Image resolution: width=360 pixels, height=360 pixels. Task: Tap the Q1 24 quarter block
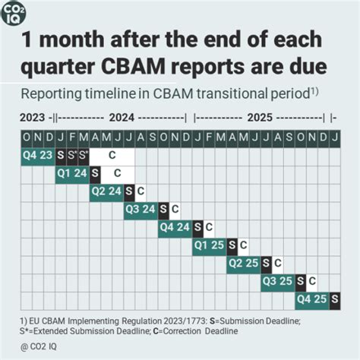pyautogui.click(x=72, y=172)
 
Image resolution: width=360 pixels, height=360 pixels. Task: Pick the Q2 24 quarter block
pyautogui.click(x=106, y=191)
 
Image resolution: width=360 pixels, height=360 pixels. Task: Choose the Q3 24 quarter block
pyautogui.click(x=141, y=208)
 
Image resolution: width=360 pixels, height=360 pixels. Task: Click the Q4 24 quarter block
pyautogui.click(x=175, y=226)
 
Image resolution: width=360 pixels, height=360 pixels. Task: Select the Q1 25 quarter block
pyautogui.click(x=209, y=245)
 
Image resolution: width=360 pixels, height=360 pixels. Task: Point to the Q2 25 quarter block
pyautogui.click(x=243, y=263)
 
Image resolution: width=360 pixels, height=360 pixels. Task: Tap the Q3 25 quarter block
pyautogui.click(x=277, y=281)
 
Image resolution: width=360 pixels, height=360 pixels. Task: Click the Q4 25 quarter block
pyautogui.click(x=311, y=299)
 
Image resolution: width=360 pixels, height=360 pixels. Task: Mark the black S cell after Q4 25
pyautogui.click(x=335, y=299)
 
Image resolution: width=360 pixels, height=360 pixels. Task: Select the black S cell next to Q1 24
pyautogui.click(x=96, y=172)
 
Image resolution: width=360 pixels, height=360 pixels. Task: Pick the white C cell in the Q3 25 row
pyautogui.click(x=312, y=281)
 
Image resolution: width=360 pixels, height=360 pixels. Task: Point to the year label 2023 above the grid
pyautogui.click(x=33, y=118)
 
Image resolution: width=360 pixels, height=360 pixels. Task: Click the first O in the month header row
pyautogui.click(x=27, y=137)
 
